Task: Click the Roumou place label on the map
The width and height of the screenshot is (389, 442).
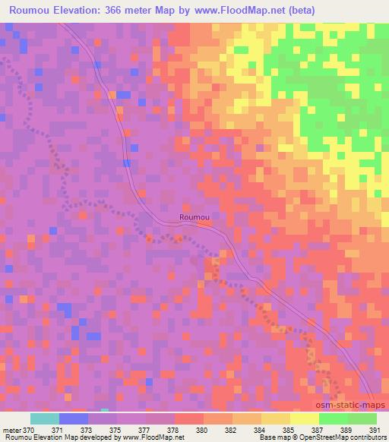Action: pyautogui.click(x=194, y=217)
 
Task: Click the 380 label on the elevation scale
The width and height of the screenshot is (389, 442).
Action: pyautogui.click(x=203, y=430)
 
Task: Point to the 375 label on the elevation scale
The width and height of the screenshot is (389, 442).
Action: pyautogui.click(x=116, y=430)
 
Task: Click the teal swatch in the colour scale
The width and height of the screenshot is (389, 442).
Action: pyautogui.click(x=44, y=418)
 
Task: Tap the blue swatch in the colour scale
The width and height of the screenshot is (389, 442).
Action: pyautogui.click(x=73, y=418)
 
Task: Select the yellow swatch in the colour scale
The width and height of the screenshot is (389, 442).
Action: pyautogui.click(x=304, y=418)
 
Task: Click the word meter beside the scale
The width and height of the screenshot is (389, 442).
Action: pyautogui.click(x=11, y=430)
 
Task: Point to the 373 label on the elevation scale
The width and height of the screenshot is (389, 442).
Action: pyautogui.click(x=87, y=430)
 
